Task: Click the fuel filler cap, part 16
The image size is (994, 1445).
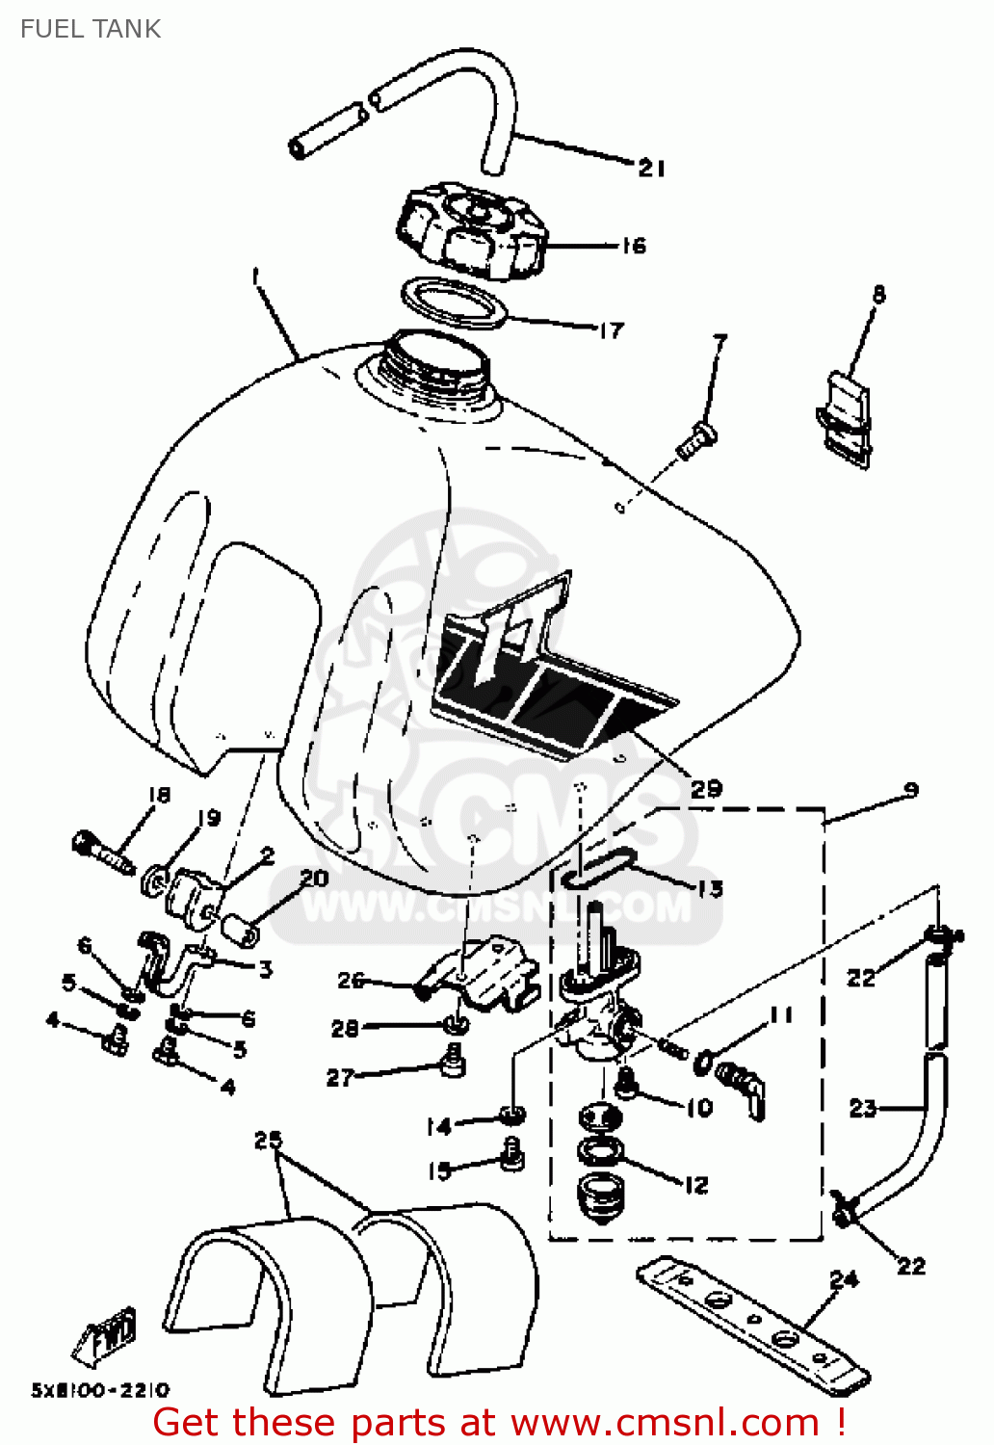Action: (x=471, y=232)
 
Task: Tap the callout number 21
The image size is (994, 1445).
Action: (x=652, y=169)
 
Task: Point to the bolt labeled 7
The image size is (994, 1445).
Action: (x=696, y=441)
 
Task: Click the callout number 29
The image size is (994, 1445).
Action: (x=706, y=789)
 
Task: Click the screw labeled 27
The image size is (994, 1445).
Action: (x=451, y=1064)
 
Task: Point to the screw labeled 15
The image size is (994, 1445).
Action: (x=512, y=1152)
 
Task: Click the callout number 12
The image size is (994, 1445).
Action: (x=696, y=1185)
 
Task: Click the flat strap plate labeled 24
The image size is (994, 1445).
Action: (x=751, y=1326)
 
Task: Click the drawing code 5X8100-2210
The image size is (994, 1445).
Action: (x=100, y=1390)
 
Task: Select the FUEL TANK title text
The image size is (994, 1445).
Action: (x=91, y=29)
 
